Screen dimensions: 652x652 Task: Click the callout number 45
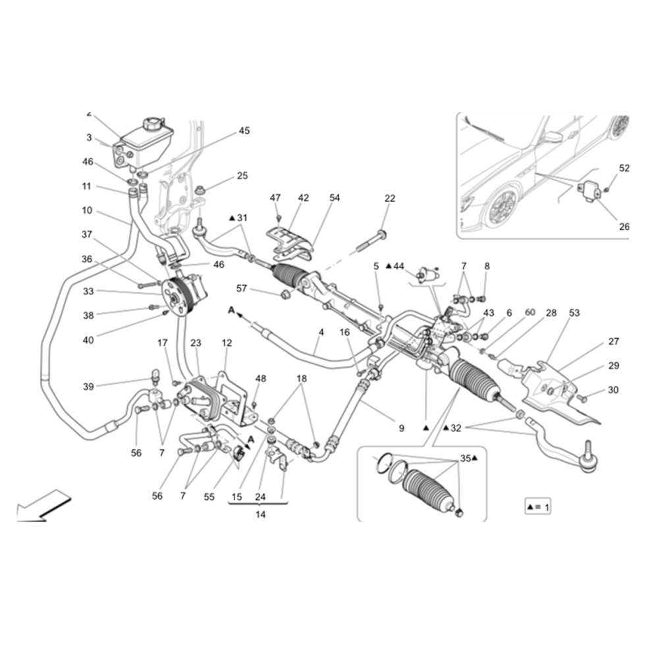tap(244, 130)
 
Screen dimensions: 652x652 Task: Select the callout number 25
tap(242, 175)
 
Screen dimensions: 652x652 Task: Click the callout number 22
tap(390, 198)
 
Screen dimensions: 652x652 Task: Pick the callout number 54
tap(335, 198)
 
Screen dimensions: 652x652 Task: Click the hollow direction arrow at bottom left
tap(43, 506)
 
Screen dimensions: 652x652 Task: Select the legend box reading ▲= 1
tap(539, 507)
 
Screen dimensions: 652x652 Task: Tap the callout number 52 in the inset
tap(624, 168)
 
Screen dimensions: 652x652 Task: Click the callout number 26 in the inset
tap(624, 227)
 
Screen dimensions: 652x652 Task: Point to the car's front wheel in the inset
tap(501, 207)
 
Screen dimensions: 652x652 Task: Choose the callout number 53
tap(574, 313)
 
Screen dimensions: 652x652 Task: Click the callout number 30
tap(613, 390)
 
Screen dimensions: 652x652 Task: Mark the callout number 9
tap(401, 428)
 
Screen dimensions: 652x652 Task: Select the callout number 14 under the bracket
tap(260, 514)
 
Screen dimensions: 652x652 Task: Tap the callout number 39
tap(88, 387)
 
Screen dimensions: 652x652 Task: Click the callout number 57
tap(242, 288)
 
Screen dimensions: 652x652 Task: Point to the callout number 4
tap(321, 333)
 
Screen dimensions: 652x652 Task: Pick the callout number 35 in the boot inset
tap(466, 458)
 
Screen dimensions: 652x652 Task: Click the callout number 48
tap(261, 379)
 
